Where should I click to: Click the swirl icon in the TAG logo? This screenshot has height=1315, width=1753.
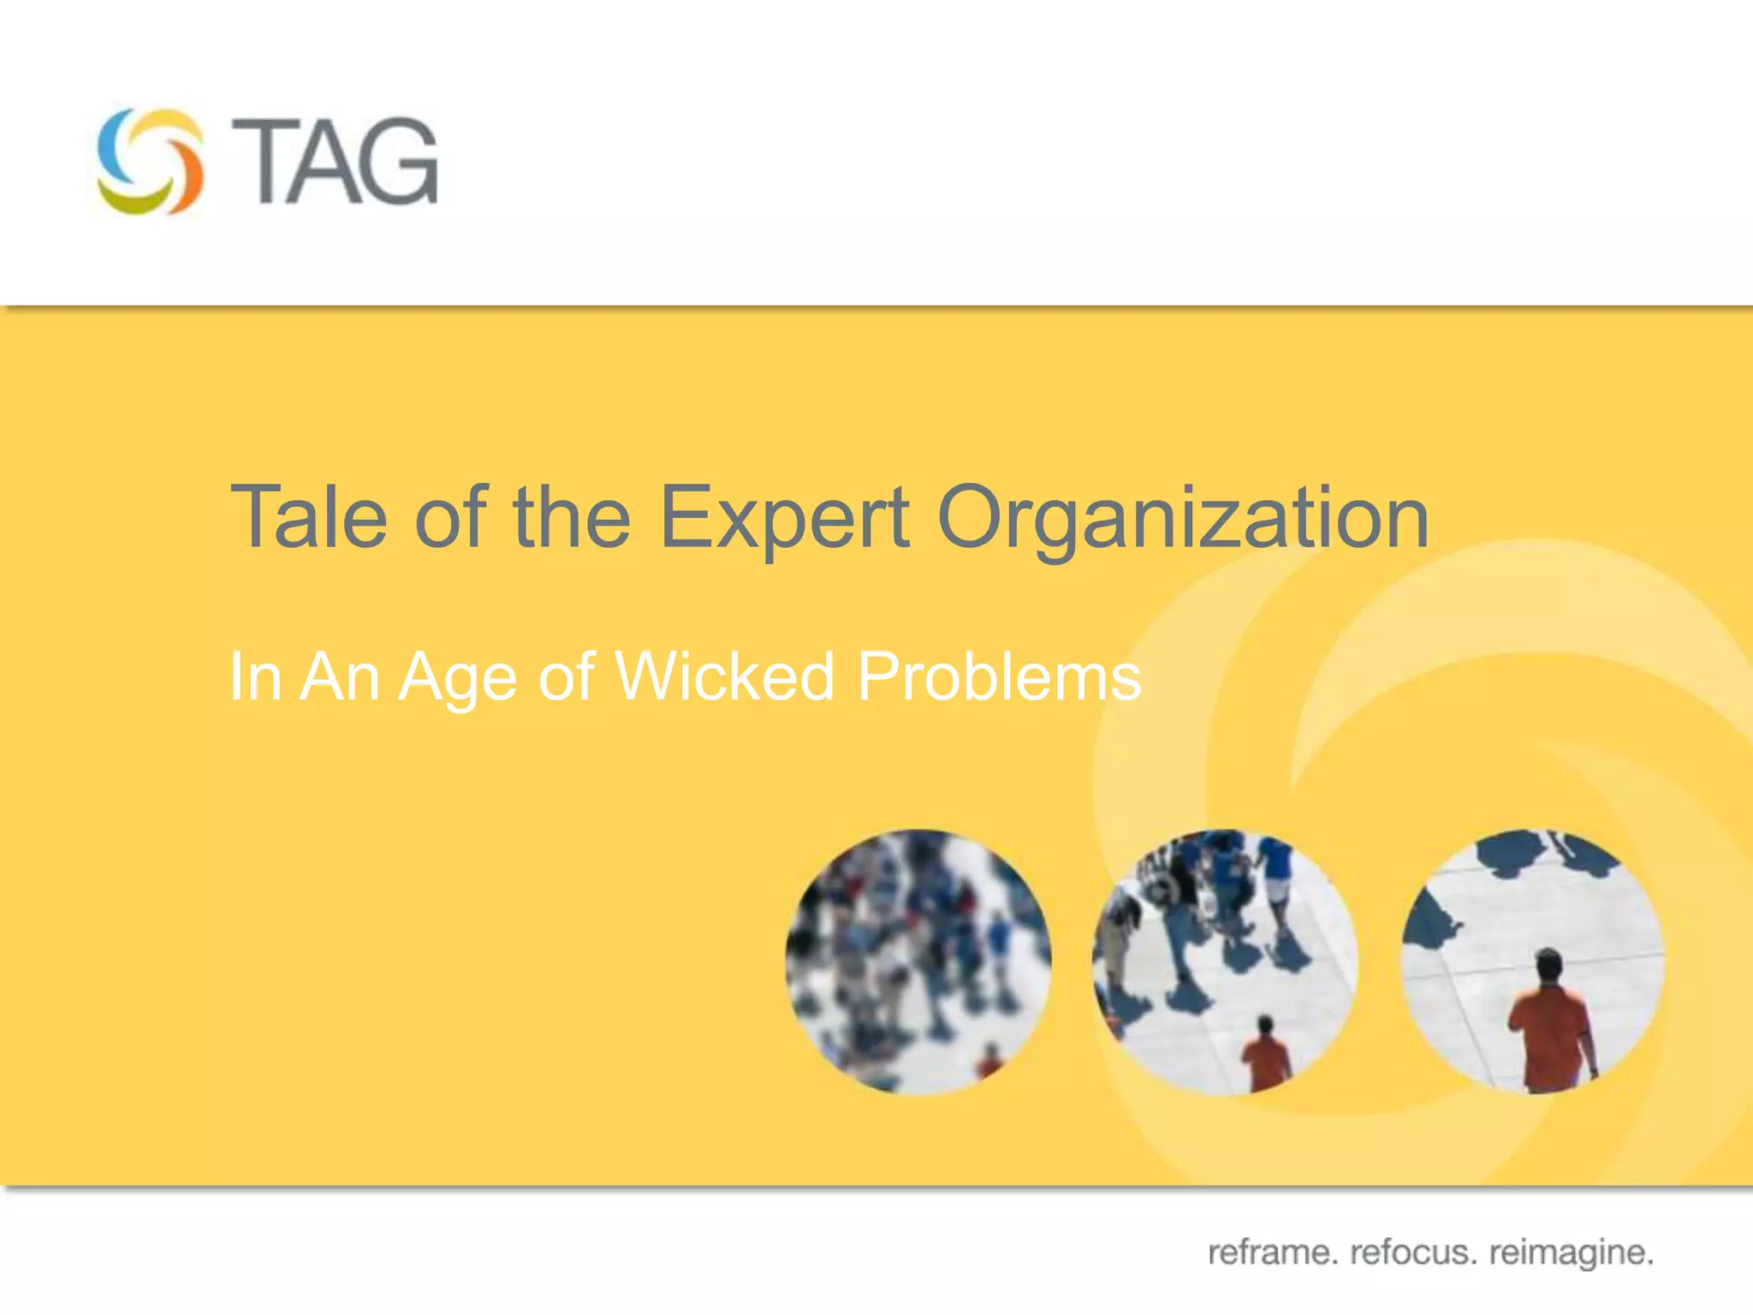151,161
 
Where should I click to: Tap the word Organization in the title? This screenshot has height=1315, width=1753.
1182,520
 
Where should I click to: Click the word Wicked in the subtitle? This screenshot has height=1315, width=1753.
724,676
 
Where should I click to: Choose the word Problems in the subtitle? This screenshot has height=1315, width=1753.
999,676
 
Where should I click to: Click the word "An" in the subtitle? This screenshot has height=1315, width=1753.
339,676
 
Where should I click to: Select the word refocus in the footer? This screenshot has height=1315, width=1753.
1413,1253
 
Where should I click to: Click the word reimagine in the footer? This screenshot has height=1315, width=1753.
1571,1253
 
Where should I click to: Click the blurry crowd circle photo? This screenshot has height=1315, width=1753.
918,961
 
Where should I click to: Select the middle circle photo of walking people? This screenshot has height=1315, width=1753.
1225,961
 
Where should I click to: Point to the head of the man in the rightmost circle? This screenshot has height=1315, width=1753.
1548,965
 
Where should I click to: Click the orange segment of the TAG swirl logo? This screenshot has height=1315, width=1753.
187,176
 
